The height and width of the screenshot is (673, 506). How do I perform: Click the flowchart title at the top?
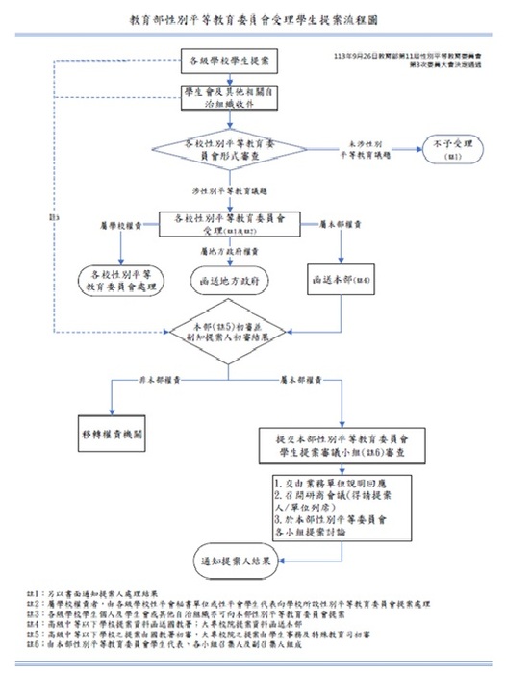[253, 19]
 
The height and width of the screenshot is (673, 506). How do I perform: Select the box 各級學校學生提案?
[230, 62]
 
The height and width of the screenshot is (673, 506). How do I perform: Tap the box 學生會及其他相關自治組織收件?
[230, 97]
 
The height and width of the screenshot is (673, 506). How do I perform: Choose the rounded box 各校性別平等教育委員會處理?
[122, 277]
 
